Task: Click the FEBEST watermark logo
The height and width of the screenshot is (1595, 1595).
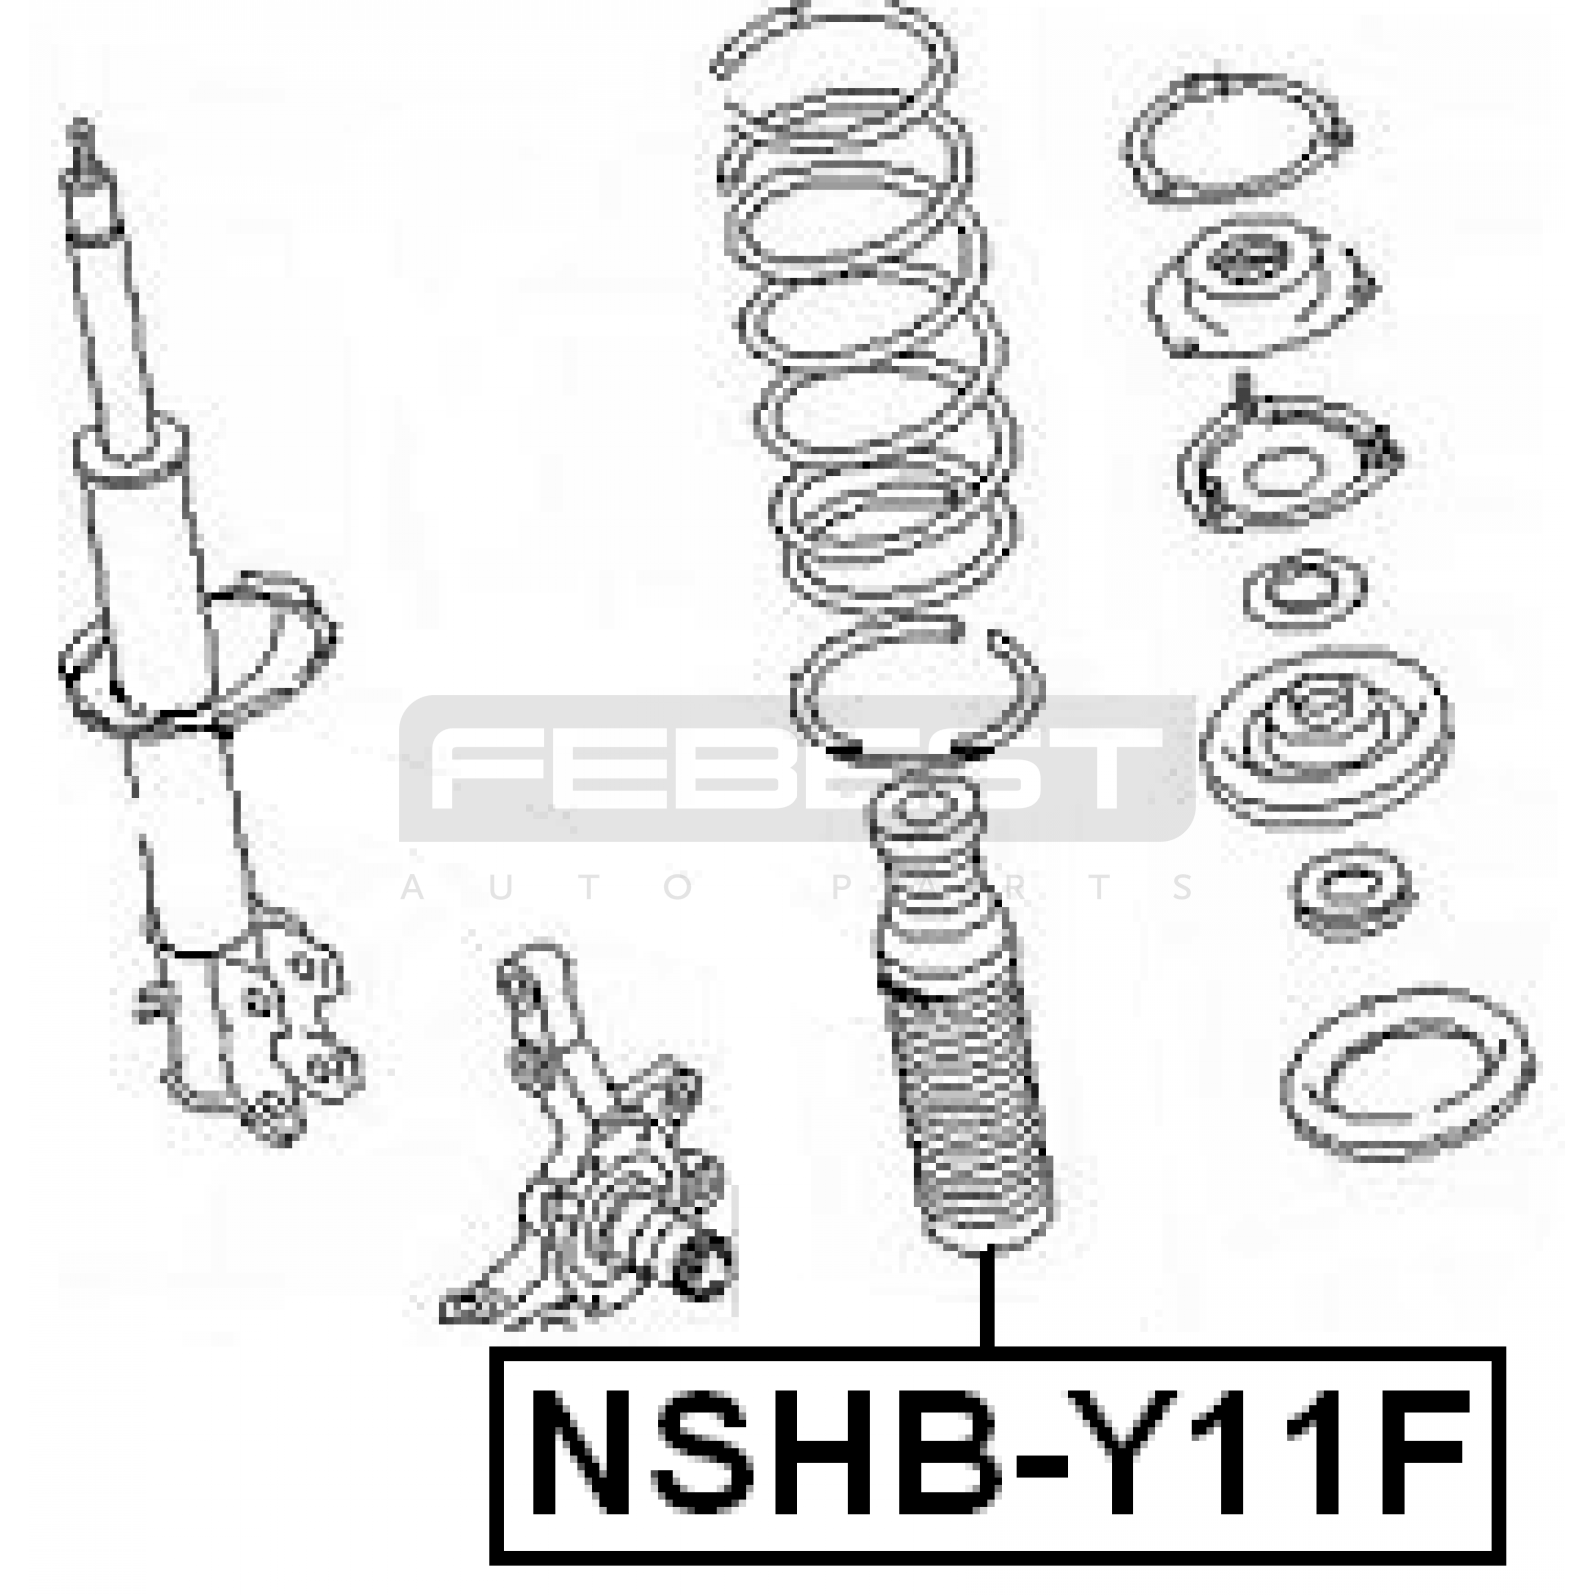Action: pyautogui.click(x=797, y=768)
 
